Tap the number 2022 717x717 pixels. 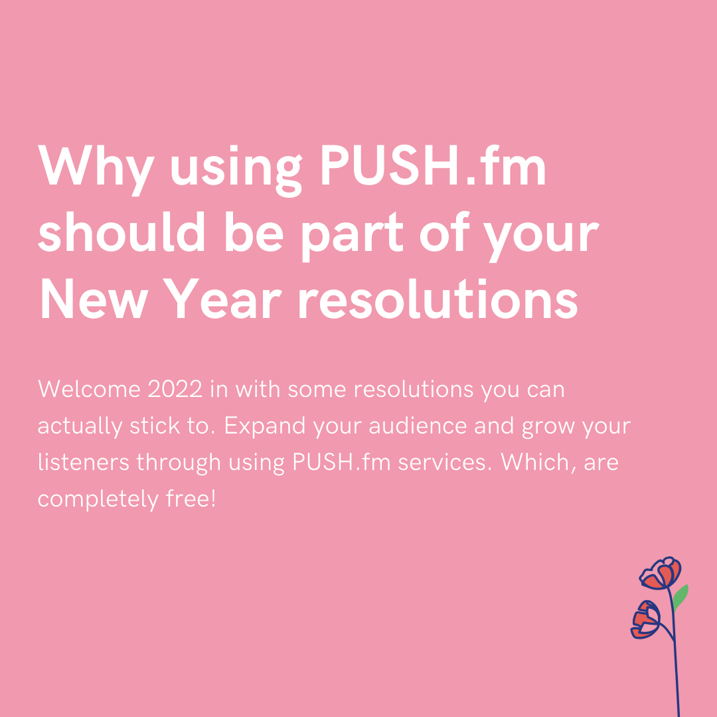pos(175,389)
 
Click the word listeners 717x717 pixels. pos(82,462)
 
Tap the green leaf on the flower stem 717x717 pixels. pos(680,597)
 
